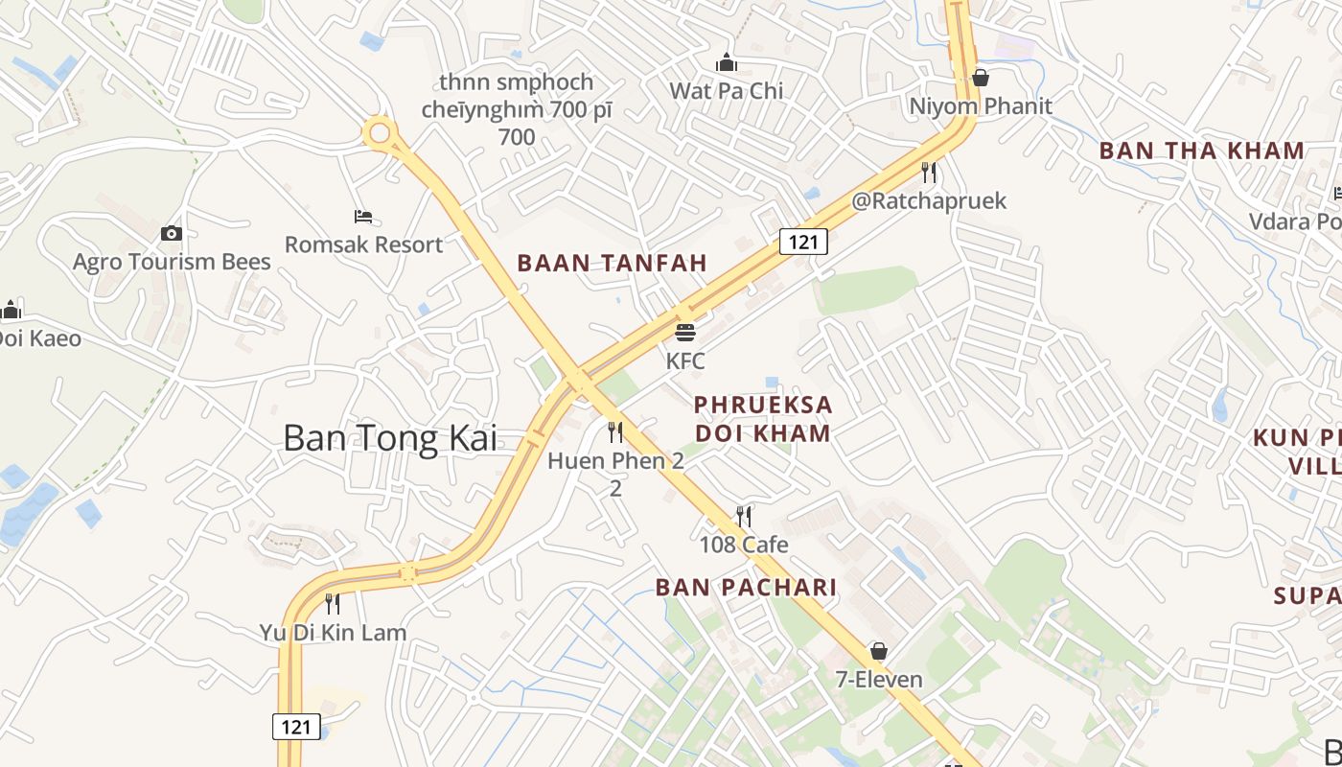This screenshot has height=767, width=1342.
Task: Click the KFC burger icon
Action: tap(684, 333)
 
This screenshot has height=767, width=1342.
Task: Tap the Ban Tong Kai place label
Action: tap(391, 438)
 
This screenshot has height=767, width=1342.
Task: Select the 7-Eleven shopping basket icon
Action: tap(878, 652)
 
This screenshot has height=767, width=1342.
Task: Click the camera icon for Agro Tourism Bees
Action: tap(172, 233)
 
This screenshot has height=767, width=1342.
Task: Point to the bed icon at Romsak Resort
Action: tap(363, 217)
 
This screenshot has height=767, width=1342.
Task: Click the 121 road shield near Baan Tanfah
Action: tap(802, 242)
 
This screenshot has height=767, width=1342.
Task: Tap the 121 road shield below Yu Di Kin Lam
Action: tap(296, 727)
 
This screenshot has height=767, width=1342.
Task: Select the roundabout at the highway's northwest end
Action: tap(380, 133)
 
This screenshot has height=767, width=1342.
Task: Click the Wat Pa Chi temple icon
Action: tap(727, 63)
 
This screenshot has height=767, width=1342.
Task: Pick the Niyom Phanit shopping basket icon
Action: tap(980, 78)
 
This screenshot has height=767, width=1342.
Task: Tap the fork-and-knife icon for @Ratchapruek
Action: tap(928, 173)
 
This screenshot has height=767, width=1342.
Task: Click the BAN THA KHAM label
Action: tap(1201, 151)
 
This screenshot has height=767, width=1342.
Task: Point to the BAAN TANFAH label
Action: tap(612, 263)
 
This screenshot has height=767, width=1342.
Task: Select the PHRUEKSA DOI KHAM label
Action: tap(763, 419)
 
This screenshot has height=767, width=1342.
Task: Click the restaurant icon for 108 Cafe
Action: tap(743, 517)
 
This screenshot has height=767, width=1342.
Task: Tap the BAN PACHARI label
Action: tap(746, 588)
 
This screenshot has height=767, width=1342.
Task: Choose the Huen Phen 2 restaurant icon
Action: tap(615, 432)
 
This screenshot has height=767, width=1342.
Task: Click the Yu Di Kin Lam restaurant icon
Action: tap(333, 604)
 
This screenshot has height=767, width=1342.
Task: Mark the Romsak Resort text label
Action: tap(364, 244)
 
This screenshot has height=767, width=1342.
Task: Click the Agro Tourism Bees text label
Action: tap(172, 262)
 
